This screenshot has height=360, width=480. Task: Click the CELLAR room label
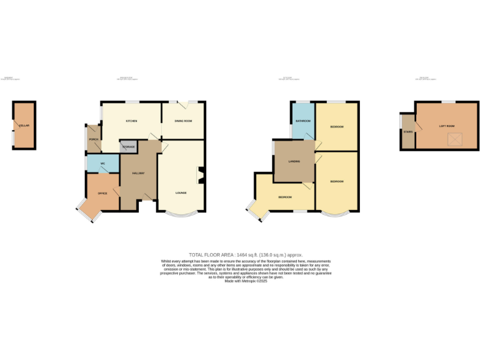24,126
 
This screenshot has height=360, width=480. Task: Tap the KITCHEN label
131,121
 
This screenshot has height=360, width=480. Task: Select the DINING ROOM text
183,121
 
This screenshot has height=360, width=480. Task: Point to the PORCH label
93,139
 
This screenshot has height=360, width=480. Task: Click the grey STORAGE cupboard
128,147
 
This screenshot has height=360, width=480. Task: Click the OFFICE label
102,193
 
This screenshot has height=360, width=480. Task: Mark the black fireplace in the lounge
201,176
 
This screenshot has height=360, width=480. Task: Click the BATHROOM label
303,120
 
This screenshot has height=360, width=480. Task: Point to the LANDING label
294,161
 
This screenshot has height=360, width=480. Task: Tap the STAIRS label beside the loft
407,132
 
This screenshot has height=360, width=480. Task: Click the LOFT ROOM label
446,126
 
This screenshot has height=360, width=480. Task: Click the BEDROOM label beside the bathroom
337,127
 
